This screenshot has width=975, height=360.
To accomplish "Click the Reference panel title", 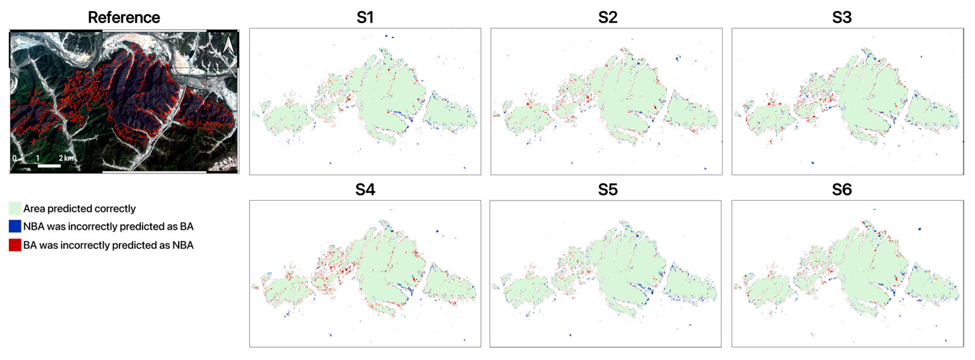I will [x=124, y=17].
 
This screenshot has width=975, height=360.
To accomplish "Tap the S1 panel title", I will [x=365, y=17].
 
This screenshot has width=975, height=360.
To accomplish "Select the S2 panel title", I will [x=607, y=17].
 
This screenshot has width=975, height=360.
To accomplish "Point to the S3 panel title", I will [x=842, y=17].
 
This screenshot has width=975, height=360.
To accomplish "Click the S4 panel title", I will [x=365, y=189].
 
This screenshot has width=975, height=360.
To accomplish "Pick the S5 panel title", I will [x=607, y=189].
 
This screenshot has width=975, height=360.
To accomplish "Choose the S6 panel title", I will [x=842, y=189].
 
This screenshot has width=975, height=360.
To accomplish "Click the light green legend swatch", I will [x=15, y=208].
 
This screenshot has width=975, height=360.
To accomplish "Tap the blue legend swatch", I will [x=15, y=226].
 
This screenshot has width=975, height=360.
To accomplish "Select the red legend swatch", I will [x=15, y=245].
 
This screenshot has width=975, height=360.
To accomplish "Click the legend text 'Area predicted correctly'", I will [x=80, y=209].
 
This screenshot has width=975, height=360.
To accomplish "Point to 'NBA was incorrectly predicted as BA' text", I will [x=108, y=226].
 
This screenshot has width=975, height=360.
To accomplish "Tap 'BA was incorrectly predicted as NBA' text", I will [x=108, y=245].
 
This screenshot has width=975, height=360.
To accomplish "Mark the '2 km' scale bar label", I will [x=66, y=158].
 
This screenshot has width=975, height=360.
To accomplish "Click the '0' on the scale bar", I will [x=14, y=158].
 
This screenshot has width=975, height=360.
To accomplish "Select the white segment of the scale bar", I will [x=49, y=166].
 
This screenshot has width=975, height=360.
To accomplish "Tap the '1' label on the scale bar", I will [x=38, y=158].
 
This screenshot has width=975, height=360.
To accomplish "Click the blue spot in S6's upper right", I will [x=920, y=229].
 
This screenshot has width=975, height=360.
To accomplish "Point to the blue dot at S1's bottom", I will [x=331, y=163].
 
